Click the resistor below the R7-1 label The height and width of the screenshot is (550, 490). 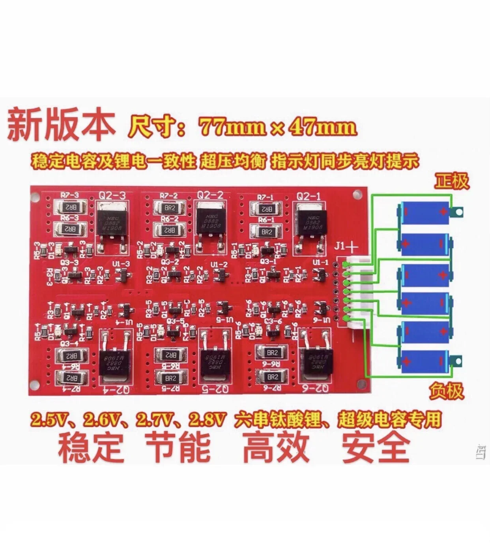[267, 209]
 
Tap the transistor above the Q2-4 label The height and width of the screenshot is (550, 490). [112, 361]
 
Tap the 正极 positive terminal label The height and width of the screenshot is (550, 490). [452, 181]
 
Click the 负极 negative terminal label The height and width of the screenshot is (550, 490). [446, 391]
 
